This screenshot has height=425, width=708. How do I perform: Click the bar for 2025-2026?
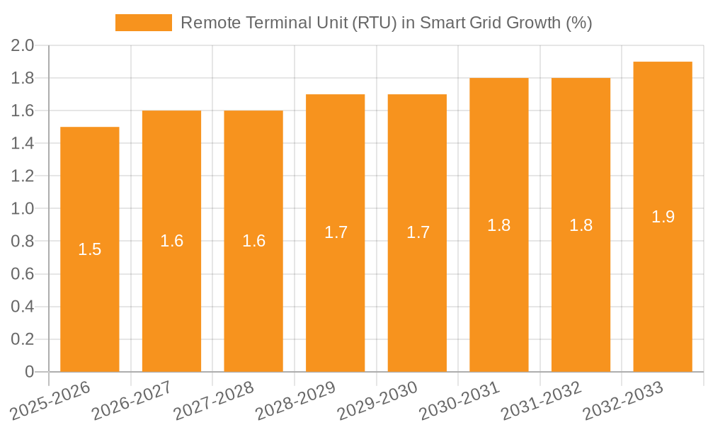(90, 283)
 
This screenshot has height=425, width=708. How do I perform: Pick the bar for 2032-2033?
(663, 283)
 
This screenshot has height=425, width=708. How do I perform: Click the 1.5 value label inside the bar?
(90, 249)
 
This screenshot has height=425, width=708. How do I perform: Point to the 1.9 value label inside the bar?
(663, 217)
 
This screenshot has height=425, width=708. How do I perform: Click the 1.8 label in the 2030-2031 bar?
(499, 225)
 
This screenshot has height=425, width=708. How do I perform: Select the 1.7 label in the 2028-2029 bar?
(336, 232)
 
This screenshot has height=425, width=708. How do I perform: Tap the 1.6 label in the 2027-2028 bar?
(253, 241)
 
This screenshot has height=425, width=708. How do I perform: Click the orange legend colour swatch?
(144, 23)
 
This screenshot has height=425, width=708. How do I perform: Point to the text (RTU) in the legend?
(371, 23)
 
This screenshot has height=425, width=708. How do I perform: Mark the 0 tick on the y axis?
(29, 372)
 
